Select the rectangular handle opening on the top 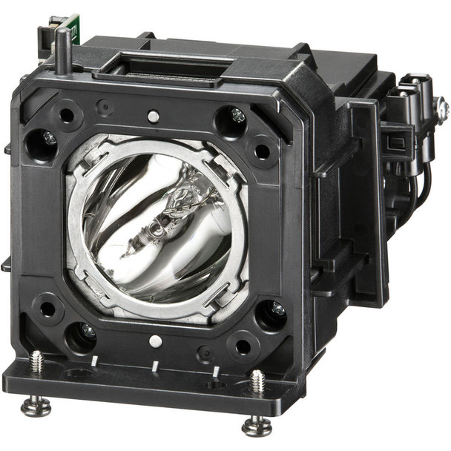(159, 70)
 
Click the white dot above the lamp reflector (153, 116)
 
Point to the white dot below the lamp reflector (155, 341)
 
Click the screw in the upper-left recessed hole (48, 139)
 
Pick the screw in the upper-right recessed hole (237, 116)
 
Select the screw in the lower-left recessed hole (87, 332)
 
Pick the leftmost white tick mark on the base (95, 361)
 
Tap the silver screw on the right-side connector (442, 110)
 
